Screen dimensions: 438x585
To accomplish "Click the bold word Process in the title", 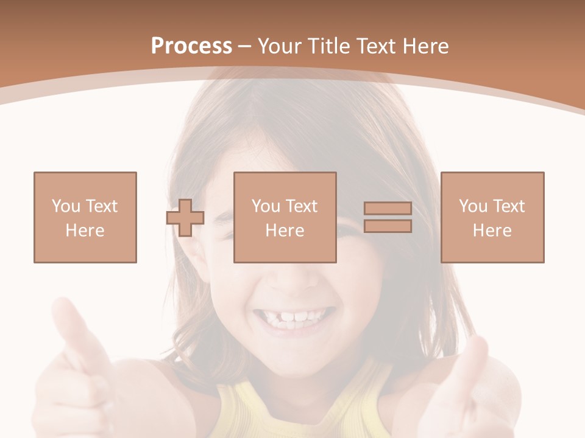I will (191, 46).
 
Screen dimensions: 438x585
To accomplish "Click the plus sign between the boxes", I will (185, 218).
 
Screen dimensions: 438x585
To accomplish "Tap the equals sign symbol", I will (388, 217).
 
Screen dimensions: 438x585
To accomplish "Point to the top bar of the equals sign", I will (388, 209).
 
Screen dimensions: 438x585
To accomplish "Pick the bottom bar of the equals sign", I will (388, 226).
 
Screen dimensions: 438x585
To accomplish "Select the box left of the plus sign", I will (85, 218).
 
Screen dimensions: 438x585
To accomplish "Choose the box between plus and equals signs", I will (285, 218).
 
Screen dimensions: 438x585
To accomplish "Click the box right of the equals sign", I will (492, 218).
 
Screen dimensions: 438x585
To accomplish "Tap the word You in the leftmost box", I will (66, 206).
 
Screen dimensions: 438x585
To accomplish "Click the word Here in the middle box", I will (285, 231).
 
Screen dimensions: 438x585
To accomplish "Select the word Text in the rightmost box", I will (508, 206).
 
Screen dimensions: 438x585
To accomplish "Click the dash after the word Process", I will (245, 46).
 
